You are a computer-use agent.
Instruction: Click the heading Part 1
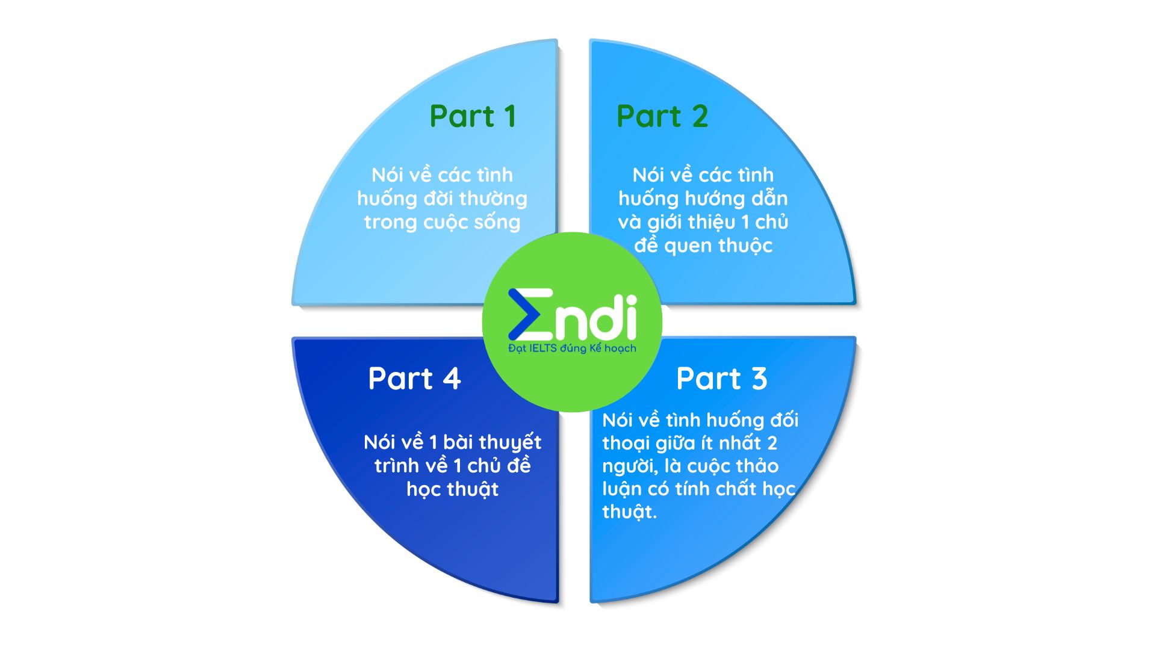[x=473, y=116]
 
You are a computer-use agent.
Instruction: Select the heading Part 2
[x=662, y=116]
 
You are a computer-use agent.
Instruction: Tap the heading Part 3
[x=722, y=379]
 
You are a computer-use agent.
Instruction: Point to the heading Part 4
[x=414, y=379]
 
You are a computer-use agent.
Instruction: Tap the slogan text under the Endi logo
[x=572, y=348]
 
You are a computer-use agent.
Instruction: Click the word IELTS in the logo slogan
[x=542, y=348]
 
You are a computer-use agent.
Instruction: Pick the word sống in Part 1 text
[x=497, y=223]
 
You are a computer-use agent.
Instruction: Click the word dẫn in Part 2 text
[x=769, y=198]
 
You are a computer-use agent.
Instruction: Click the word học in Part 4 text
[x=426, y=490]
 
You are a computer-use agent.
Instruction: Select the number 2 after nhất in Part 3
[x=772, y=444]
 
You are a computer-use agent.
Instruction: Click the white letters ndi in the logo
[x=595, y=317]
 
